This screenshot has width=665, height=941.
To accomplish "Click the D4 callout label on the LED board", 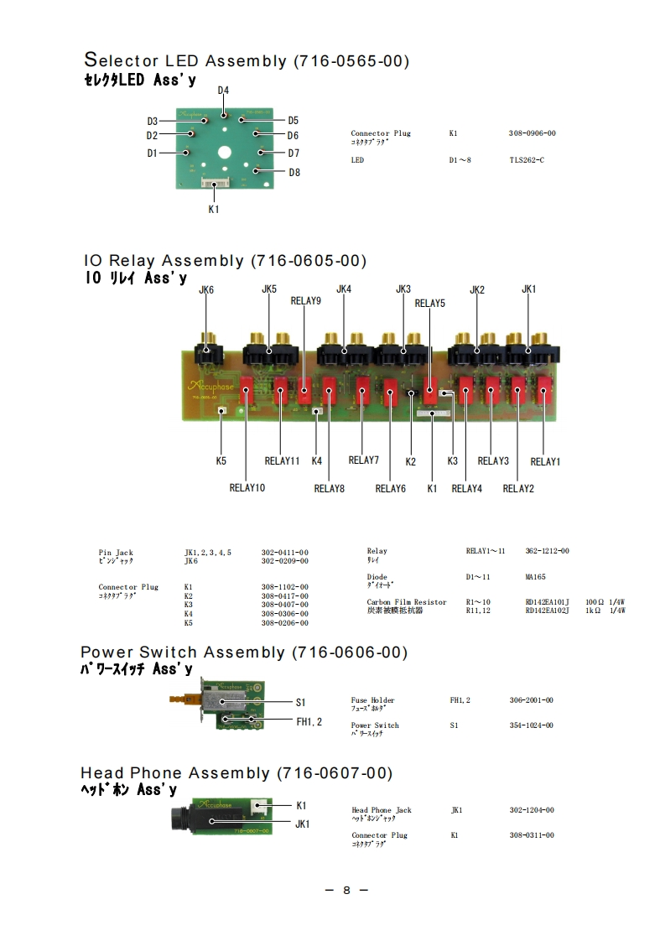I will click(x=223, y=90).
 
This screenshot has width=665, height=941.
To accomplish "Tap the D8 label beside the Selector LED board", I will click(x=294, y=173).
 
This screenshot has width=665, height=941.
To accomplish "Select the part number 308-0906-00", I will click(x=532, y=133).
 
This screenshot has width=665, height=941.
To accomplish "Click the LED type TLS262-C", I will click(x=527, y=159).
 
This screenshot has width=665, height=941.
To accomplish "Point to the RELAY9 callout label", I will click(x=305, y=300).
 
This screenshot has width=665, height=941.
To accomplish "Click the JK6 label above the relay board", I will click(x=206, y=289).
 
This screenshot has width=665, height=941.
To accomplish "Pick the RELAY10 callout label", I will click(x=247, y=487).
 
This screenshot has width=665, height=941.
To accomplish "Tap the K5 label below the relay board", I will click(x=221, y=460).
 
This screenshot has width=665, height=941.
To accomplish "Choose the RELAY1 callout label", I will click(x=545, y=461).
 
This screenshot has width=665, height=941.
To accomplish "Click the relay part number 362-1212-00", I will click(x=547, y=551).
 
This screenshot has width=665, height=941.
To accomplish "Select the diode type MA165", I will click(x=536, y=577).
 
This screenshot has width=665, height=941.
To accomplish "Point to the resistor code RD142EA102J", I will click(x=547, y=611).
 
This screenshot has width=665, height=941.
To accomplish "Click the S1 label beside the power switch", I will click(x=301, y=701).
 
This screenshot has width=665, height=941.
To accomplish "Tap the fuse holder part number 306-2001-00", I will click(x=531, y=700).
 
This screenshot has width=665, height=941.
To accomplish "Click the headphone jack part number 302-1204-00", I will click(x=532, y=810).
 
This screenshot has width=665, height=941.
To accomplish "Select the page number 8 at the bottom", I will click(x=346, y=890).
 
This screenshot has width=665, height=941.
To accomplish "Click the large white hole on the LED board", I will click(x=224, y=153).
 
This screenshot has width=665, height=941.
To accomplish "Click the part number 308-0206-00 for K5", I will click(x=284, y=623).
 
